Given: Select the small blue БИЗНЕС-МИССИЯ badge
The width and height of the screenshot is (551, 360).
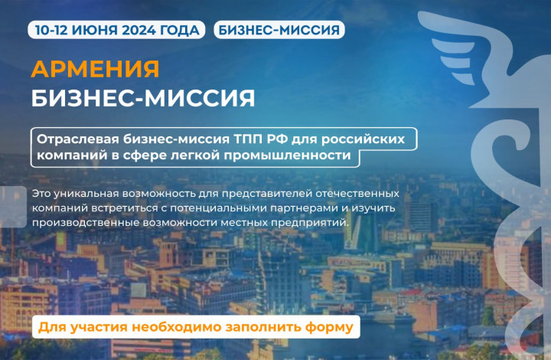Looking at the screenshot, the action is [x=279, y=30].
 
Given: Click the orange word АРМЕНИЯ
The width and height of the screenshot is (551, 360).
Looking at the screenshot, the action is [x=95, y=69].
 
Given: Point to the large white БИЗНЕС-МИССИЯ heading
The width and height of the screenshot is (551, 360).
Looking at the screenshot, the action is [x=143, y=98].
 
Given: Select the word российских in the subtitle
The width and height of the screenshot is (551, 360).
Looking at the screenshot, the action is [x=363, y=139].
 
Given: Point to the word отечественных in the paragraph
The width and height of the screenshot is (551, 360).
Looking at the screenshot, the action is [x=357, y=193].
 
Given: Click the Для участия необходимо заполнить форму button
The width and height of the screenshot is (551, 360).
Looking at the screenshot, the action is [x=196, y=327].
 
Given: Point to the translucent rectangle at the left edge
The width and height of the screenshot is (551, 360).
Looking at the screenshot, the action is [x=13, y=207].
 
